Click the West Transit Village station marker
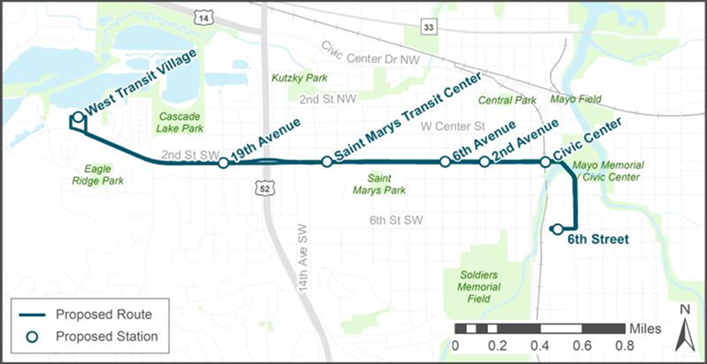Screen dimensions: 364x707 [x=78, y=117]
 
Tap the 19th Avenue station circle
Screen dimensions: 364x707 [x=223, y=163]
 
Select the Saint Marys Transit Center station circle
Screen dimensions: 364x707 [x=327, y=161]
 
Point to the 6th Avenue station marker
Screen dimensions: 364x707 [x=445, y=161]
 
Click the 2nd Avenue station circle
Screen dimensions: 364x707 [x=485, y=161]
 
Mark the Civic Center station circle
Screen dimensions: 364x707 [x=546, y=162]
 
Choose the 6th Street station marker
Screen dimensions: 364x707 [x=556, y=229]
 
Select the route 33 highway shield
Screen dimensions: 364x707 [x=430, y=29]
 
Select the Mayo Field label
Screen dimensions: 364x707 [x=576, y=99]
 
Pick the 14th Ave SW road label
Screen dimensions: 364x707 [x=303, y=265]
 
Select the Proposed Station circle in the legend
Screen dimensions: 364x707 [x=31, y=337]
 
